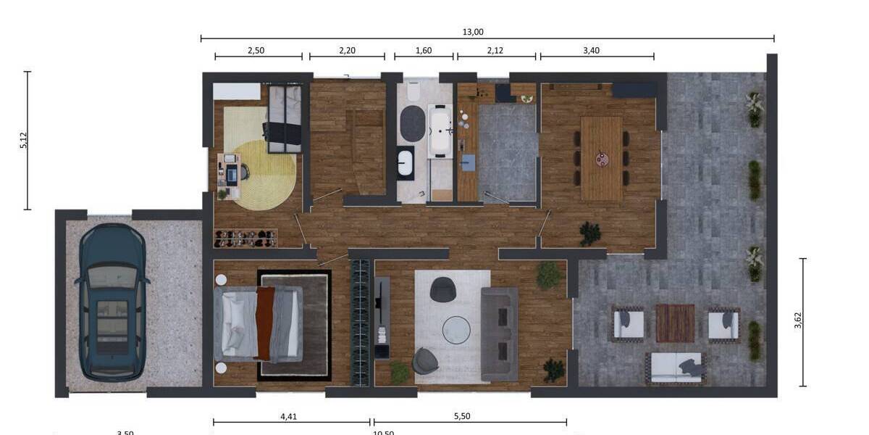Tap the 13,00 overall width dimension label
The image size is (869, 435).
tap(473, 31)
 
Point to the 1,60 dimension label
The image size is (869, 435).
tap(423, 50)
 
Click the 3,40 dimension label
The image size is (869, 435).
tap(591, 50)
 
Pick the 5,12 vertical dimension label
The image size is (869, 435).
tap(24, 141)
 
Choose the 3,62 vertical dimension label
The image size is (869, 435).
tap(798, 321)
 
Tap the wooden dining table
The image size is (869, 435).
tap(601, 158)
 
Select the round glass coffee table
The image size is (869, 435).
tap(456, 330)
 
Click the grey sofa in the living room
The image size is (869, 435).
tap(500, 333)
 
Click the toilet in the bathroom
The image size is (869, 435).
tap(413, 91)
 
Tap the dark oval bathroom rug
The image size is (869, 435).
tap(413, 123)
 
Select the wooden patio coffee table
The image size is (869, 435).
tap(675, 323)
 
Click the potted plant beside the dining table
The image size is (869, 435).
tap(590, 233)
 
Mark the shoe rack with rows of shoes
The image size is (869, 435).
tap(247, 238)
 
